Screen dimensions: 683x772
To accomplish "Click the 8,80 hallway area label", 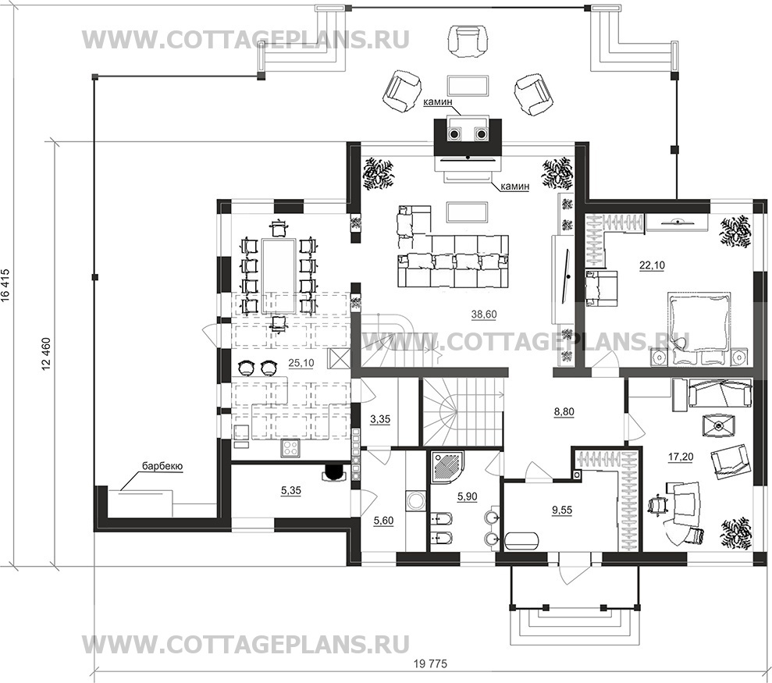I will pyautogui.click(x=564, y=413).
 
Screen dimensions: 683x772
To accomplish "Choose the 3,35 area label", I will pyautogui.click(x=380, y=419).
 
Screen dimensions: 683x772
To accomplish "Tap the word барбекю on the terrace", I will pyautogui.click(x=162, y=467).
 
